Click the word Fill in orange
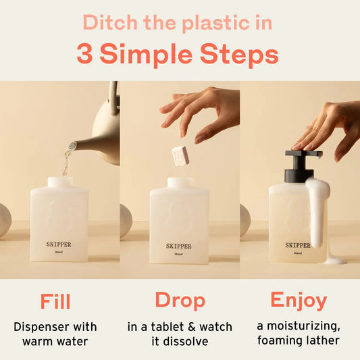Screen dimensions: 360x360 [55, 301]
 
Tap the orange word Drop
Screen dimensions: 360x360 [180, 301]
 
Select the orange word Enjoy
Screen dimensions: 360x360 [299, 301]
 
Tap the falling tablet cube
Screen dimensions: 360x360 [180, 155]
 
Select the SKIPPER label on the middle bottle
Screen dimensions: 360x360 [179, 246]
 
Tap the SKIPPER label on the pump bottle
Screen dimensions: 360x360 [298, 246]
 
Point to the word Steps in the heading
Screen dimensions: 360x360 [240, 54]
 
